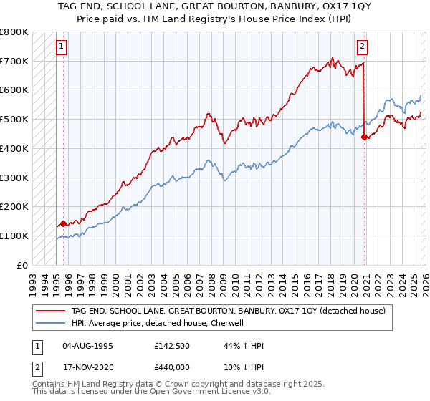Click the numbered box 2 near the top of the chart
[363, 47]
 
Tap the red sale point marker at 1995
[63, 223]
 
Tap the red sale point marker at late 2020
[365, 137]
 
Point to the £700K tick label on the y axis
[14, 61]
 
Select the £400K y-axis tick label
[14, 148]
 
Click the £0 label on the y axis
[22, 265]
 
